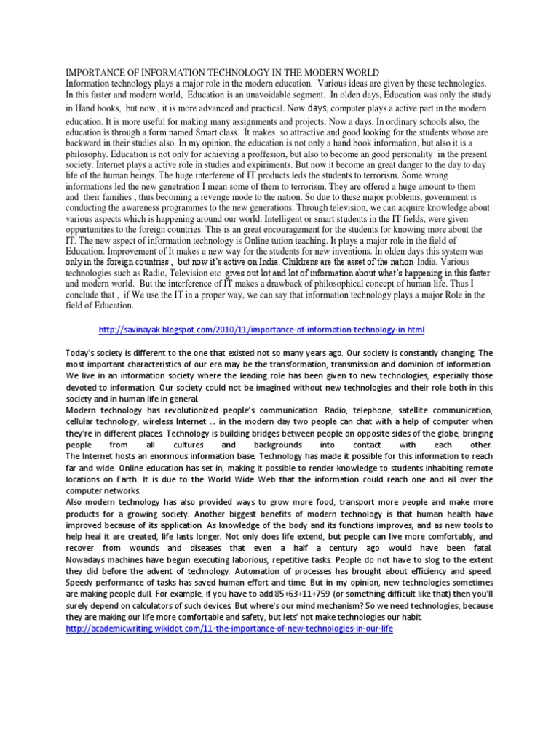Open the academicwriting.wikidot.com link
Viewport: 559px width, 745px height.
tap(229, 629)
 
